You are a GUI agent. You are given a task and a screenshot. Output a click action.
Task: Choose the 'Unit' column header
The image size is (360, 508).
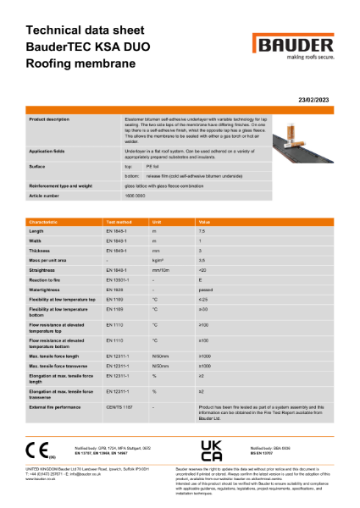click(156, 220)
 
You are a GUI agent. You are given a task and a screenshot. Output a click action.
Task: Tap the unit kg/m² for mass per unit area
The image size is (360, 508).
click(157, 260)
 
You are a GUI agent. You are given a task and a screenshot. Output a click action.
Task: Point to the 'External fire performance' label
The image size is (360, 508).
click(57, 406)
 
